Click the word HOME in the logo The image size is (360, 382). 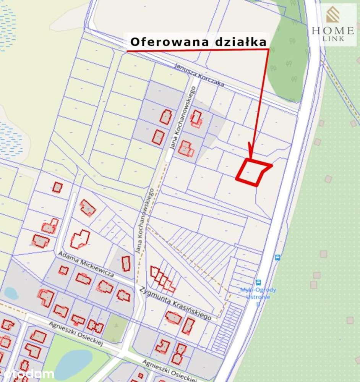click(x=333, y=31)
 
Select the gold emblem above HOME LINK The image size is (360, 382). click(x=332, y=16)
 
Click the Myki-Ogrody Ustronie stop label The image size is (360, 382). click(x=258, y=293)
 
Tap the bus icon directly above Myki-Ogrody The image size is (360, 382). click(x=258, y=283)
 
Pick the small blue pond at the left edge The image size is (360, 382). click(x=11, y=293)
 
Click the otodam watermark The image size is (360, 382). click(x=27, y=374)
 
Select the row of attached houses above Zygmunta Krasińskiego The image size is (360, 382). click(x=162, y=279)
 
